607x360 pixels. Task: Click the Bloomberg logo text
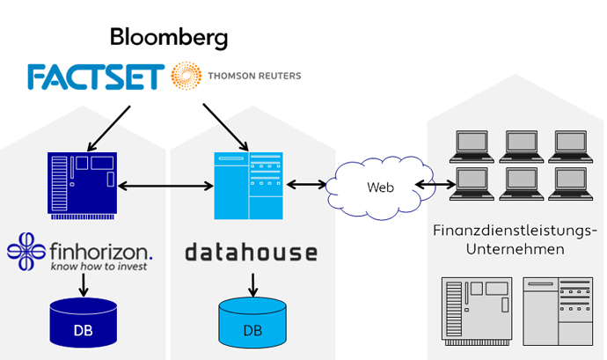[169, 38]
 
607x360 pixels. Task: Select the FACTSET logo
[95, 77]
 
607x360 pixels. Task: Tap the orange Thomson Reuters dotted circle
[186, 77]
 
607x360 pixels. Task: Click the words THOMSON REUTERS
[254, 76]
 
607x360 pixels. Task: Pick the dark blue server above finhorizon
[82, 183]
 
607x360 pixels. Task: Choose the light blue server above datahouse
[249, 186]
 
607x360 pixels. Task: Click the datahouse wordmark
[251, 253]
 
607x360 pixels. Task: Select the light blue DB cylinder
[252, 322]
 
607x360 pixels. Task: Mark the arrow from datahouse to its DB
[252, 285]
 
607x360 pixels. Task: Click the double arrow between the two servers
[166, 185]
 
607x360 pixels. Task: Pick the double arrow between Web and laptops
[435, 185]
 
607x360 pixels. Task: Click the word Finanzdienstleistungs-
[516, 231]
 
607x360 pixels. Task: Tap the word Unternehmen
[516, 249]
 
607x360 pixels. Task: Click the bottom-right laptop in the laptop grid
[567, 184]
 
